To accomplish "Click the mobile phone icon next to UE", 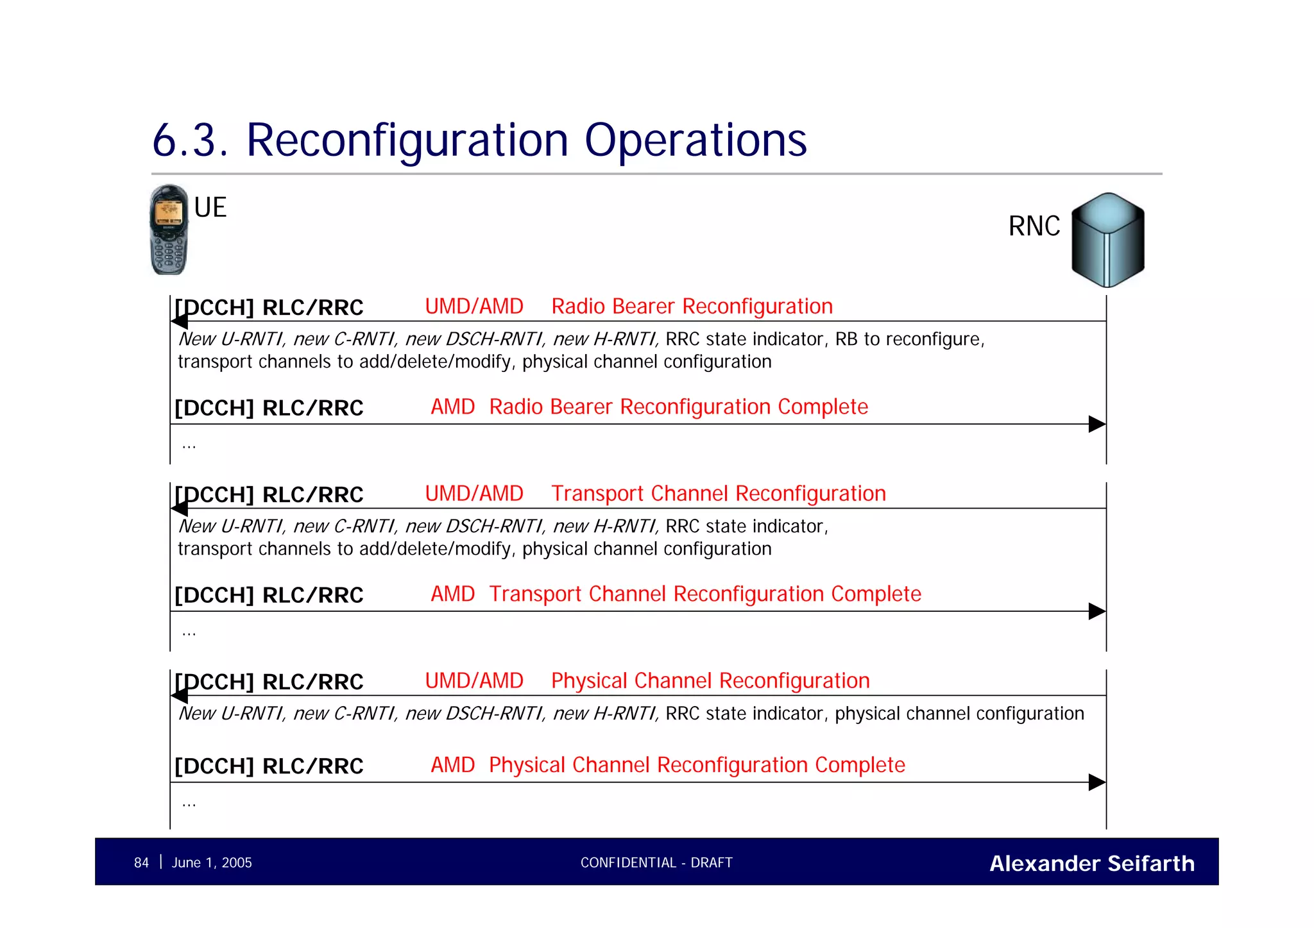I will coord(169,230).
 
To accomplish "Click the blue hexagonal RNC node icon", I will coord(1107,240).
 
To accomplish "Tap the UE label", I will coord(210,208).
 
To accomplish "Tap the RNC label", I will coord(1034,226).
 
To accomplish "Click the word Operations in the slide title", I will coord(695,140).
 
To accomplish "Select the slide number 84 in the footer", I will coord(141,863).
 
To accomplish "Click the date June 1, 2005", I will coord(212,863).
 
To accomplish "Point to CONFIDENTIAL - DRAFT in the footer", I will coord(656,863).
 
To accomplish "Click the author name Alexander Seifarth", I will coord(1091,863).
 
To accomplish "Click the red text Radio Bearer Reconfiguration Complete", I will coord(678,407).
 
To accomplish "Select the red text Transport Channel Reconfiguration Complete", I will coord(704,594).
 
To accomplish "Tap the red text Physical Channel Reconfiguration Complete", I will coord(697,765).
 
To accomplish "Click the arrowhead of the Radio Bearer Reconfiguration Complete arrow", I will coord(1096,424).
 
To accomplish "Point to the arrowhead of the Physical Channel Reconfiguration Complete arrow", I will coord(1096,782).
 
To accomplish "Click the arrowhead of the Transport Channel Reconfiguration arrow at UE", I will coord(180,509).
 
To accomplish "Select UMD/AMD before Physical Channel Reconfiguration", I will coord(474,680).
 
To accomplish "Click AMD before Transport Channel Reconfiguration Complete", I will coord(452,594).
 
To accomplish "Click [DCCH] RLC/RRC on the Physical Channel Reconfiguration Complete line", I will coord(269,766).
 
